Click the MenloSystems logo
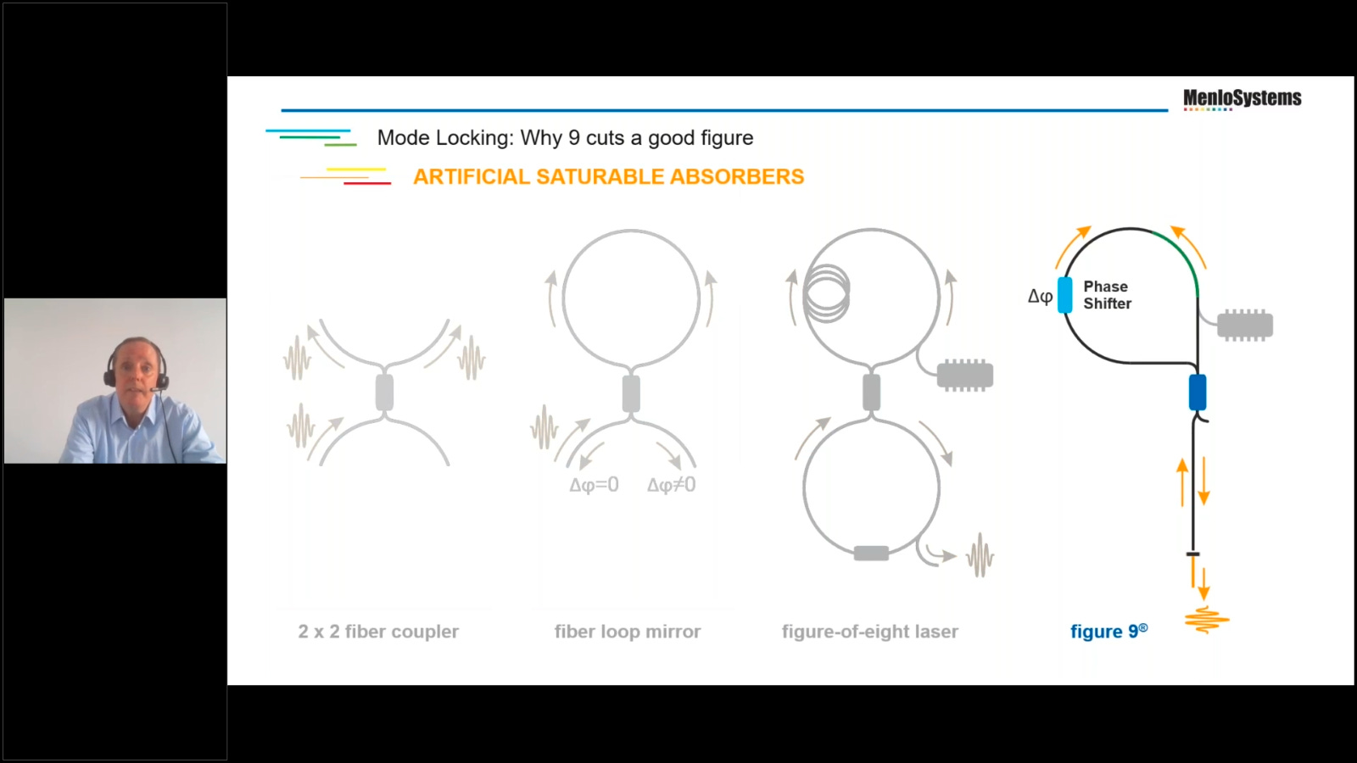point(1242,99)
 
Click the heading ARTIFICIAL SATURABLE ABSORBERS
point(609,177)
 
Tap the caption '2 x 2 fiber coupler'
point(378,632)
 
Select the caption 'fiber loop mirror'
point(628,632)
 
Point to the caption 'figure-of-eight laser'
point(870,632)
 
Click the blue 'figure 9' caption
point(1109,631)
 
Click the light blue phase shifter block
point(1065,295)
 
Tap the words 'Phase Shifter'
point(1108,295)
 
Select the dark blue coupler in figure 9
point(1198,393)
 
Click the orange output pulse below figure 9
point(1207,620)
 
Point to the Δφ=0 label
point(595,485)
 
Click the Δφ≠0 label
point(671,485)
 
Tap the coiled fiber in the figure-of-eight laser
point(826,293)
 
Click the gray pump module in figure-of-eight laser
point(965,376)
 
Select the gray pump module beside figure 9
point(1245,326)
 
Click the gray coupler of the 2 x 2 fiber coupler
point(385,393)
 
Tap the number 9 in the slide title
point(575,138)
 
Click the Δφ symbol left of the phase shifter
point(1040,296)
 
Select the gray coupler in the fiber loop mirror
point(631,393)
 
